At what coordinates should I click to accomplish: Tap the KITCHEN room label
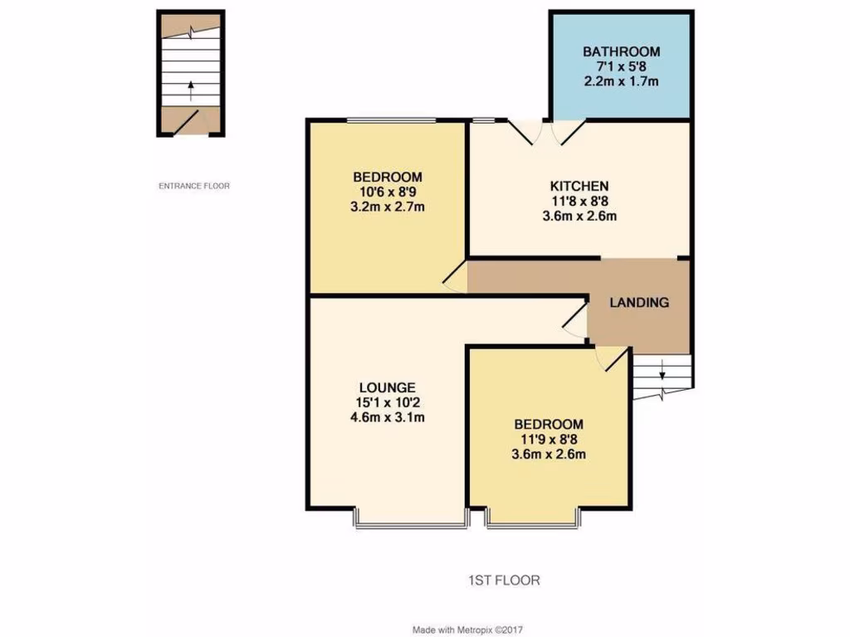click(x=579, y=186)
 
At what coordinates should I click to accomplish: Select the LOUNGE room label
click(x=387, y=387)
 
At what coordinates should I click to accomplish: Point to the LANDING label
click(x=639, y=303)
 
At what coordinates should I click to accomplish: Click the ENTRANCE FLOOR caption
click(x=194, y=186)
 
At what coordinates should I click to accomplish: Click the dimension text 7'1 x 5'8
click(x=621, y=66)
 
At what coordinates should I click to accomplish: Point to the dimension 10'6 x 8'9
click(x=388, y=192)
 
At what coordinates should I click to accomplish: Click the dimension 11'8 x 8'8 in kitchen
click(x=579, y=201)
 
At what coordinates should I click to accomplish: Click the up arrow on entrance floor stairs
click(x=192, y=87)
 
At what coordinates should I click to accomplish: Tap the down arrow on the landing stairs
click(x=662, y=373)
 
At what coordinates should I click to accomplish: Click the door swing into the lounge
click(x=573, y=319)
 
